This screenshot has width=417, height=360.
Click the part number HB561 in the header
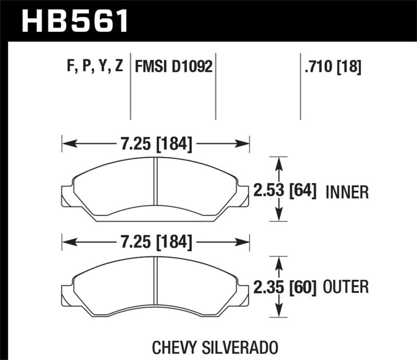point(75,21)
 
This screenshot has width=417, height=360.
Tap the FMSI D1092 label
point(174,67)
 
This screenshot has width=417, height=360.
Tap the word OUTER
point(346,287)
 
